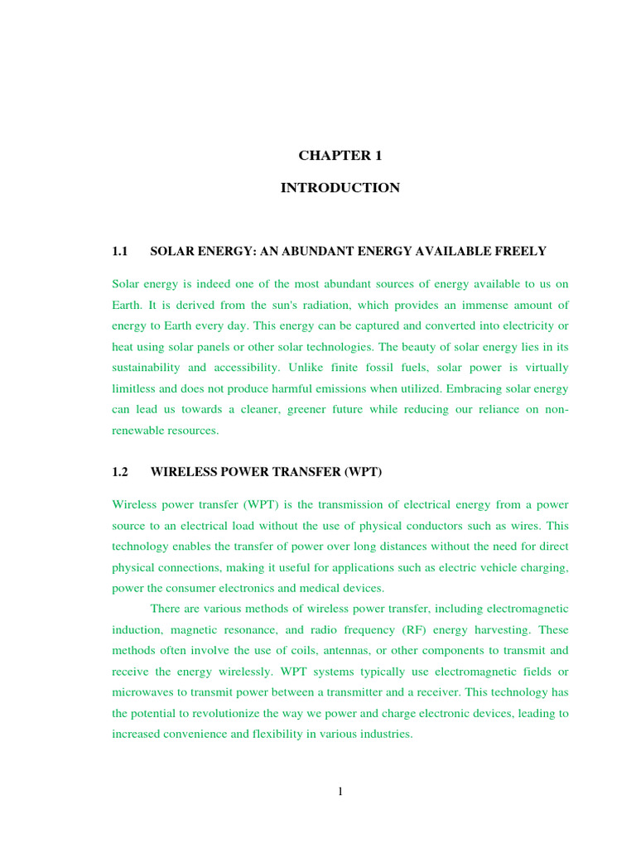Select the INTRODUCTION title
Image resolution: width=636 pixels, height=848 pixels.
click(340, 188)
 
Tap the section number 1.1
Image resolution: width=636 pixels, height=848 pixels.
click(121, 251)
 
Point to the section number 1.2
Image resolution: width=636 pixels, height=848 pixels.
click(121, 472)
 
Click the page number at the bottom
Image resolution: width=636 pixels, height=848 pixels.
click(340, 791)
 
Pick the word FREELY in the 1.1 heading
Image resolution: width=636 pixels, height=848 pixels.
click(520, 251)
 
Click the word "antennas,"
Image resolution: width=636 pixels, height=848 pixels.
click(328, 651)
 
